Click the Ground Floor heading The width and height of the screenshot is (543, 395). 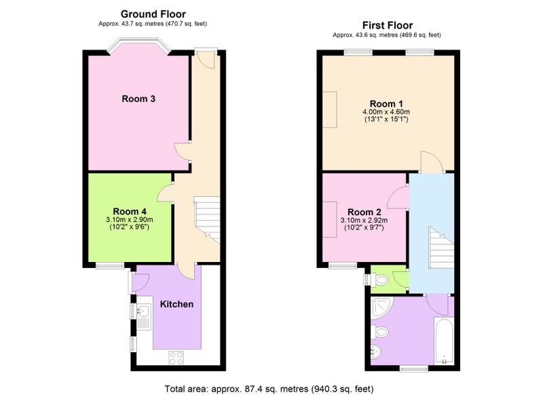tap(153, 14)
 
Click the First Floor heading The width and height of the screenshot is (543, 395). tap(387, 25)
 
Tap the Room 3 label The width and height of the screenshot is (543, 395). tap(138, 98)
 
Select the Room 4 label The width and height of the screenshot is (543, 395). tap(130, 211)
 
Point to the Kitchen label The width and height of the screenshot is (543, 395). tap(176, 304)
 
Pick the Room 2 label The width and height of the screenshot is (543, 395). tap(364, 212)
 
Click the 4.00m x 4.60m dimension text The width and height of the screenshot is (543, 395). tap(386, 112)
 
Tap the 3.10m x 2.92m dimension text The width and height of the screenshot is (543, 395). tap(364, 220)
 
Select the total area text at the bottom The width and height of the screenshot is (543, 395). tap(269, 389)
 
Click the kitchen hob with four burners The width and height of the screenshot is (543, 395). tap(176, 358)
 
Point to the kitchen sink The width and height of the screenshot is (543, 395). tap(144, 317)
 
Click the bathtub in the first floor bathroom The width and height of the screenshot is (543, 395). tap(444, 341)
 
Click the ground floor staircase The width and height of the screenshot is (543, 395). tap(207, 220)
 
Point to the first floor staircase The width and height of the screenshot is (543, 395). tap(441, 248)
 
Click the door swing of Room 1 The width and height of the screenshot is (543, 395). tap(432, 162)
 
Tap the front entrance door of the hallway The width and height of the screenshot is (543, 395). tap(206, 59)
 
